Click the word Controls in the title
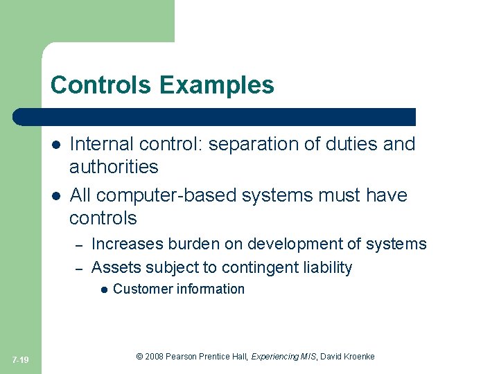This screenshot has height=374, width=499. (102, 85)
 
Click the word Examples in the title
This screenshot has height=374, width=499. (216, 85)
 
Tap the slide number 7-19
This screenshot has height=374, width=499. (20, 359)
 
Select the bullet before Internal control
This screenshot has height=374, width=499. (55, 145)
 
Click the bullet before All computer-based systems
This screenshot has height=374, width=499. (55, 196)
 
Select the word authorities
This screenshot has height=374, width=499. (114, 167)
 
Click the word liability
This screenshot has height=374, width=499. (328, 267)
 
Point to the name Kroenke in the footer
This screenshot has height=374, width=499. (357, 357)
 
